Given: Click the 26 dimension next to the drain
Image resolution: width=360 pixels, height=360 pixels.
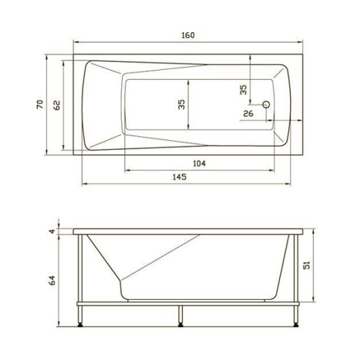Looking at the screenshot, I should point(248,114).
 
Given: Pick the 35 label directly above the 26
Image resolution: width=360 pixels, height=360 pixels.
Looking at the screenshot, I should point(243,90).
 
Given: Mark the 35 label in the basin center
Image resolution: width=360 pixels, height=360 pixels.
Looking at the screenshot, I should point(181,103).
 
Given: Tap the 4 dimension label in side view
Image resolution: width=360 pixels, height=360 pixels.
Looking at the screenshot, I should point(52,230).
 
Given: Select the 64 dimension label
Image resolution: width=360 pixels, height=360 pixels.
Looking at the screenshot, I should point(52,280).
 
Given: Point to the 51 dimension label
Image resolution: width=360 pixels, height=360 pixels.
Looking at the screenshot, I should point(323,265).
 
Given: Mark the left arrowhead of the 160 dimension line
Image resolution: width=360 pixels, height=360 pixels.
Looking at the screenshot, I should point(75,43).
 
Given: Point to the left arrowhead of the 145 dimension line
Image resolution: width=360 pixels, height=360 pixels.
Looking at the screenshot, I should point(84,184).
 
